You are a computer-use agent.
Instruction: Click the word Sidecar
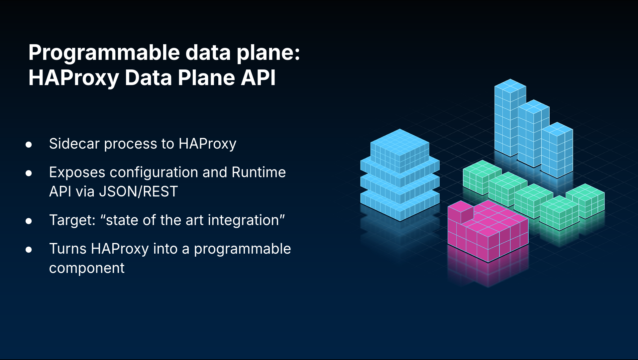point(74,144)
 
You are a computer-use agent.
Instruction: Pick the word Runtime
point(259,172)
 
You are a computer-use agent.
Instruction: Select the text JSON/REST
point(138,191)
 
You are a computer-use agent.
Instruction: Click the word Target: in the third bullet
point(72,220)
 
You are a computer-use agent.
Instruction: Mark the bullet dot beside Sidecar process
point(29,145)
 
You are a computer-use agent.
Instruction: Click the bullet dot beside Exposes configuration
point(29,173)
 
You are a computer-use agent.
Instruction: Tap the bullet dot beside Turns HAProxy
point(29,250)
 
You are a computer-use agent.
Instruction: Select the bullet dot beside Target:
point(29,221)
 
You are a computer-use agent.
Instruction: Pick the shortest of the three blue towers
point(557,150)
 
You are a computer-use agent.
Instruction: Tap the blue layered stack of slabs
point(400,175)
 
